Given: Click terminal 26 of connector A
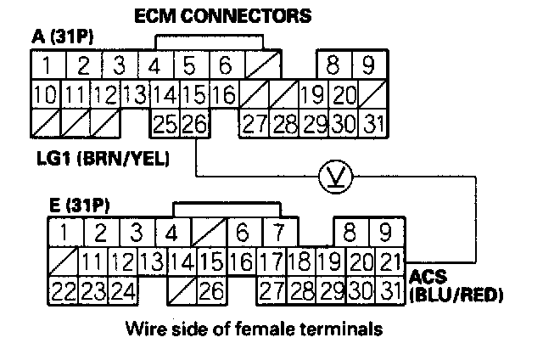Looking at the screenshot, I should click(194, 123).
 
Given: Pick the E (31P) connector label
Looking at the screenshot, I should click(76, 203).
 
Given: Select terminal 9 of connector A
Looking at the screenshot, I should click(367, 65).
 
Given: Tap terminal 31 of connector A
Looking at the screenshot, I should click(372, 123).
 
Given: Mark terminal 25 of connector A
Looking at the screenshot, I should click(165, 123).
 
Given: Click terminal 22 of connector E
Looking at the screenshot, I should click(64, 290).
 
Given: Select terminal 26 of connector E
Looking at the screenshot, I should click(213, 290).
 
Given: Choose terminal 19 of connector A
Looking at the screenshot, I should click(313, 94).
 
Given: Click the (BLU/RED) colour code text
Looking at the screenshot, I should click(456, 296).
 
